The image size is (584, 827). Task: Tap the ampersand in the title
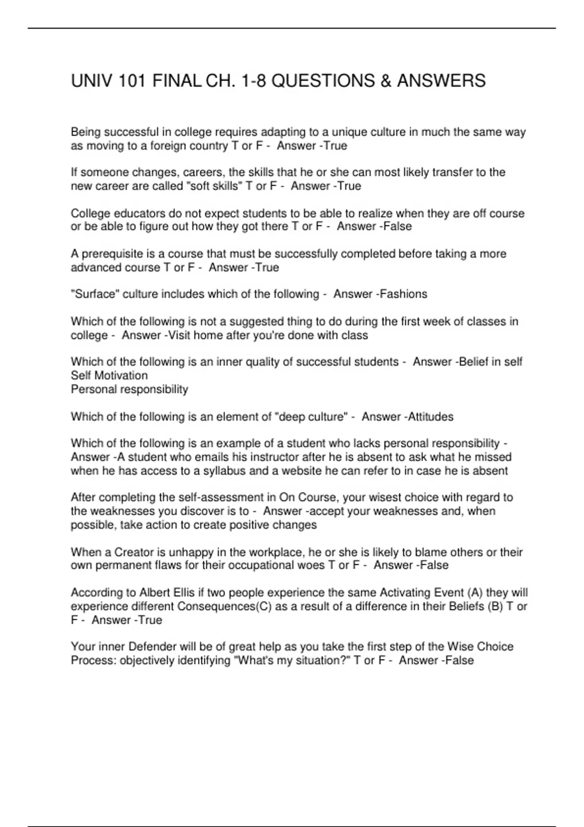coord(386,81)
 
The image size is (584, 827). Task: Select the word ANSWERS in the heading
coord(441,81)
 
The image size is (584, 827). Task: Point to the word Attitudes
coord(431,417)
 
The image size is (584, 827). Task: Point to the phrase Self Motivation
coord(109,376)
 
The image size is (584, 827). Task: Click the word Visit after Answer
coord(179,336)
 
